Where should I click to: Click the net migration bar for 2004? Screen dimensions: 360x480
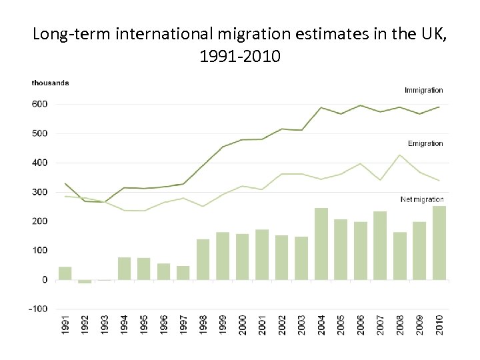321,244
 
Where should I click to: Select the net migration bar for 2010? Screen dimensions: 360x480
439,243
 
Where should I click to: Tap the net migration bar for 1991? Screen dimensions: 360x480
65,273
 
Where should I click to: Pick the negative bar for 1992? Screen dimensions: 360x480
85,281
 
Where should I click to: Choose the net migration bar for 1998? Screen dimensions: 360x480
203,259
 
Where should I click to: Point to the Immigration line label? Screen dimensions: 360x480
423,90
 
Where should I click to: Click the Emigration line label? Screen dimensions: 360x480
425,143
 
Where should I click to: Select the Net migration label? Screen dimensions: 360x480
421,199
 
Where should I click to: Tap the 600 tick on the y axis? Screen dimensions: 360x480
39,104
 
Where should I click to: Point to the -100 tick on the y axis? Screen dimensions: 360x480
39,309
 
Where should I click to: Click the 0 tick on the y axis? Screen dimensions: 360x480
44,279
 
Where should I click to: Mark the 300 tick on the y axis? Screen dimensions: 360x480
39,192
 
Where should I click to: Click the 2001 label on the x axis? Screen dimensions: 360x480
262,327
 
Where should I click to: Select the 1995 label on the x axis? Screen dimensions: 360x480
143,327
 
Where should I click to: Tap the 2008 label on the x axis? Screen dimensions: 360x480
400,327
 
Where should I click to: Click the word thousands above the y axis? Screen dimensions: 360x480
50,83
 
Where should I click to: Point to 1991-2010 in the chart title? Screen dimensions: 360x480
240,56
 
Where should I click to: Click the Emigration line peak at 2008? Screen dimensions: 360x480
400,155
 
